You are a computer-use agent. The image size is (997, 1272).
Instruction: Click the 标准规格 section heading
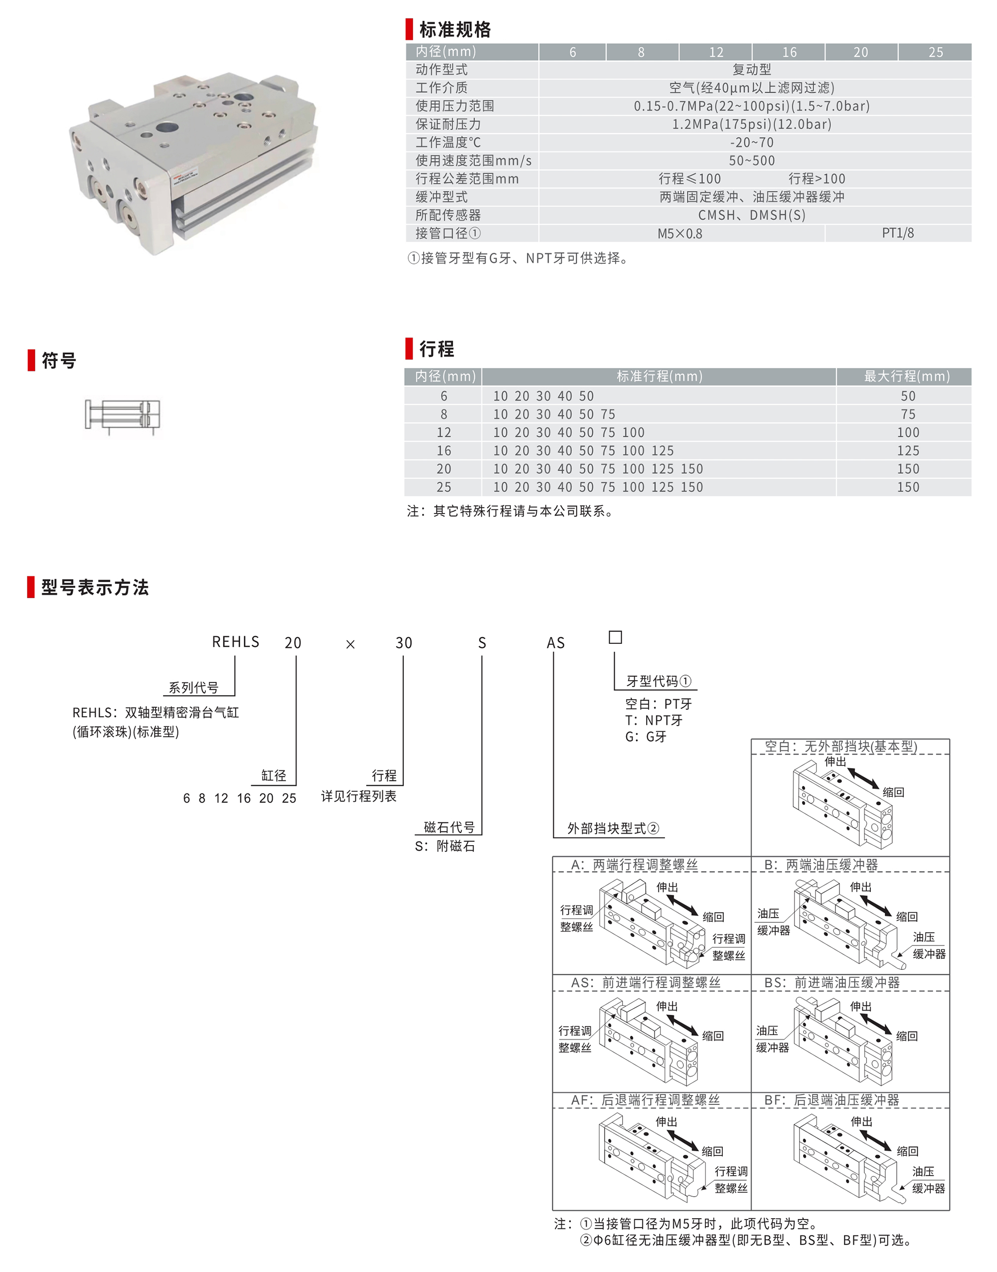455,29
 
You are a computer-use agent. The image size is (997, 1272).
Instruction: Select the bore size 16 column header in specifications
789,52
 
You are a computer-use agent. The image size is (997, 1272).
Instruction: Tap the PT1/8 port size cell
897,233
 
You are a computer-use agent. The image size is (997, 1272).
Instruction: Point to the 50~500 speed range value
752,161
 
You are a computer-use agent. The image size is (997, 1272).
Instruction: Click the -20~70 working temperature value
752,143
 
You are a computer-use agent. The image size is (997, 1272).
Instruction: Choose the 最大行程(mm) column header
907,376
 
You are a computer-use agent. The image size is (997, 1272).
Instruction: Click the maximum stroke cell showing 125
908,451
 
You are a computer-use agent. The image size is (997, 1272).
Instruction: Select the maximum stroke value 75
908,414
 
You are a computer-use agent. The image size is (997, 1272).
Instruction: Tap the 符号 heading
59,360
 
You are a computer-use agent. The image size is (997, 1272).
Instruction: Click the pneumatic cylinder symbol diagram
123,416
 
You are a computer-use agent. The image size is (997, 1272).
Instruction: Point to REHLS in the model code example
235,642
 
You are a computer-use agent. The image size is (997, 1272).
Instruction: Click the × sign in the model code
350,644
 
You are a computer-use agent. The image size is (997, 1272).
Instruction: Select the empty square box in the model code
615,637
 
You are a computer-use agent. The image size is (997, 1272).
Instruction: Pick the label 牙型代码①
659,681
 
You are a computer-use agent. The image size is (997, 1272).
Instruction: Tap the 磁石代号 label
449,827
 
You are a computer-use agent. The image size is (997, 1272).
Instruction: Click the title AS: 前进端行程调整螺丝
646,983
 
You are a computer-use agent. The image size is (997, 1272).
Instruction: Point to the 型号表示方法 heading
95,587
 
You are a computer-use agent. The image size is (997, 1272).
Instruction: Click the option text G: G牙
646,736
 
